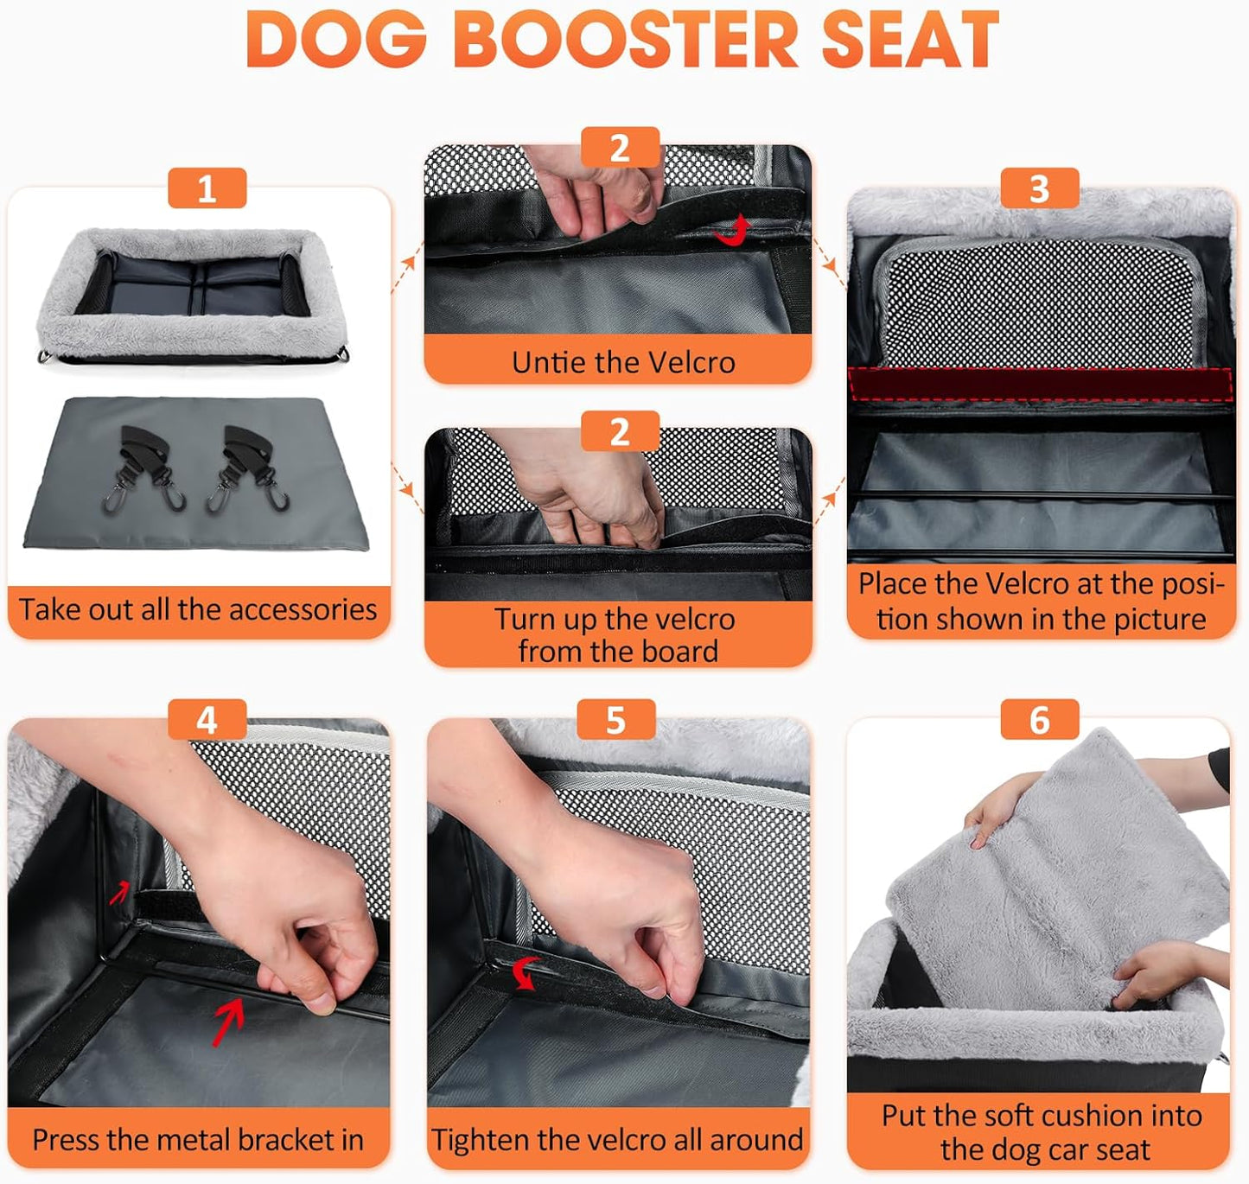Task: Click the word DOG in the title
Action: click(x=336, y=41)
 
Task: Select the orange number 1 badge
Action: click(x=207, y=188)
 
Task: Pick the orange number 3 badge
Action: click(x=1039, y=188)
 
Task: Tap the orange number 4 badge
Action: click(x=207, y=720)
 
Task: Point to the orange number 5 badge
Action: click(x=615, y=720)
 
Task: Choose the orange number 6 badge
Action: click(x=1039, y=720)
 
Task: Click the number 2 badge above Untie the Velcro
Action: click(x=620, y=148)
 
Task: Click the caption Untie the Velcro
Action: click(x=622, y=362)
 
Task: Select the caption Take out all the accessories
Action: click(x=198, y=610)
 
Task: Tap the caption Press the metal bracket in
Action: click(x=198, y=1140)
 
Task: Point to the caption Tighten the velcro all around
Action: click(x=617, y=1140)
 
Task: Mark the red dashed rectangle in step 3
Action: click(x=1040, y=384)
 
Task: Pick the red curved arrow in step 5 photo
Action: click(x=525, y=972)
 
